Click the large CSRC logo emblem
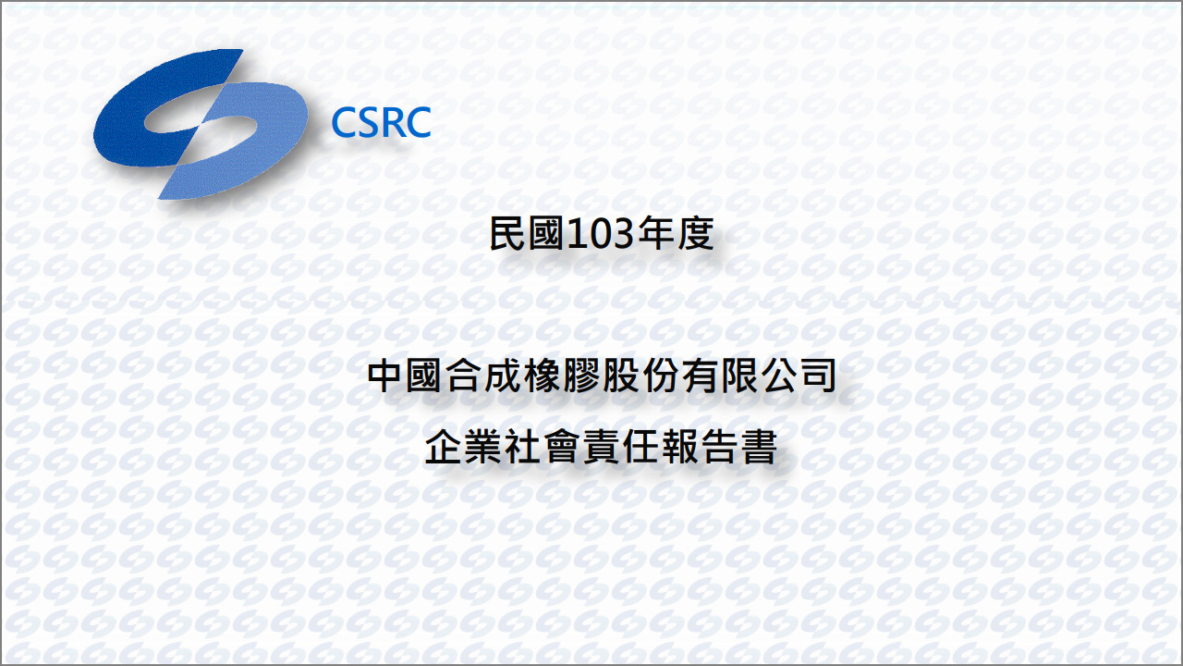click(x=201, y=124)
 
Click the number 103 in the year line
click(x=599, y=234)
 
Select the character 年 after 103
click(x=655, y=234)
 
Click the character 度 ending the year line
click(x=696, y=234)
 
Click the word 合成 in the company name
click(x=482, y=376)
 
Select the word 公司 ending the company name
click(x=799, y=376)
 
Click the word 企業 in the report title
click(x=463, y=447)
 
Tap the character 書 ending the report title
click(x=759, y=447)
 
